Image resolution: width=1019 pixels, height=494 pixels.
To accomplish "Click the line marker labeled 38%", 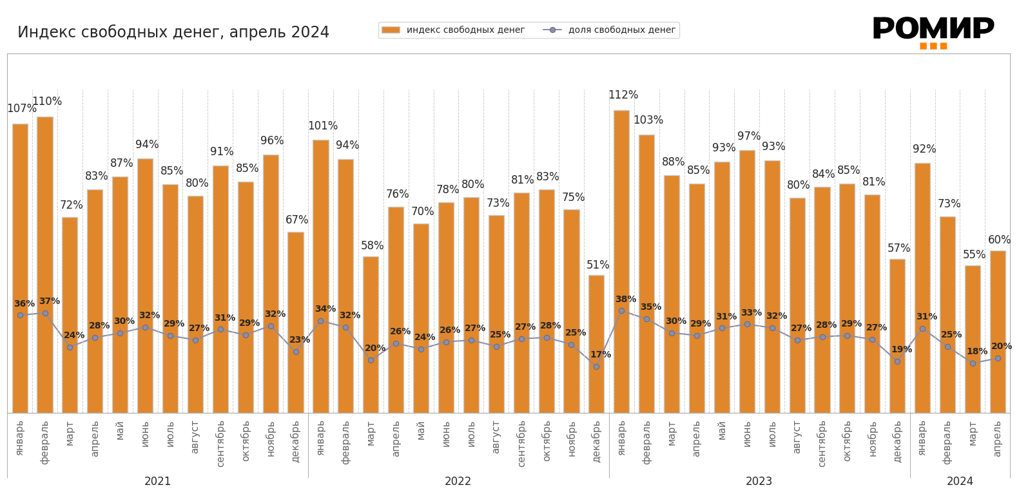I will [x=621, y=310].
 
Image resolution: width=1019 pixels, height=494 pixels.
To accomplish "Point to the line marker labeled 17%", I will [x=596, y=366].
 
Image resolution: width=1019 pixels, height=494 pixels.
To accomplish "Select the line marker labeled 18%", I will [x=973, y=363].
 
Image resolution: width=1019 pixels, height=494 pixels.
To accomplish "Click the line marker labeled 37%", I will [x=45, y=313].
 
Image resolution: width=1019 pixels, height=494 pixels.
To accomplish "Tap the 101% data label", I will [x=322, y=126].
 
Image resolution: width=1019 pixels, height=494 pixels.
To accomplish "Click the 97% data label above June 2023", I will [x=748, y=137].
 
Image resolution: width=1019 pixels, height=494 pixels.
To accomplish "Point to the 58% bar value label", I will [x=372, y=246].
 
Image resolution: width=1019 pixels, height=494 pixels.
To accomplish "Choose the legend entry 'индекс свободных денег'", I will [x=453, y=30].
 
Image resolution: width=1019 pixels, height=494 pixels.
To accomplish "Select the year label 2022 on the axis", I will [x=458, y=482].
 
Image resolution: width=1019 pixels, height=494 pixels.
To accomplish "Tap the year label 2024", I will [x=960, y=482].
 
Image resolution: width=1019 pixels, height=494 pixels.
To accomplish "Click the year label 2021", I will [x=157, y=482].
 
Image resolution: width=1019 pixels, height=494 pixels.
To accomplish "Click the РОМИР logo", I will [x=933, y=32].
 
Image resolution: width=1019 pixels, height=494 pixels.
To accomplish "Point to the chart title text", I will [x=173, y=32].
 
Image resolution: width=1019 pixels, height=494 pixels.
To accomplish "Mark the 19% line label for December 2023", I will [x=901, y=350].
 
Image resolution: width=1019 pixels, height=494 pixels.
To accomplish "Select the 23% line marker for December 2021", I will [x=296, y=352].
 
